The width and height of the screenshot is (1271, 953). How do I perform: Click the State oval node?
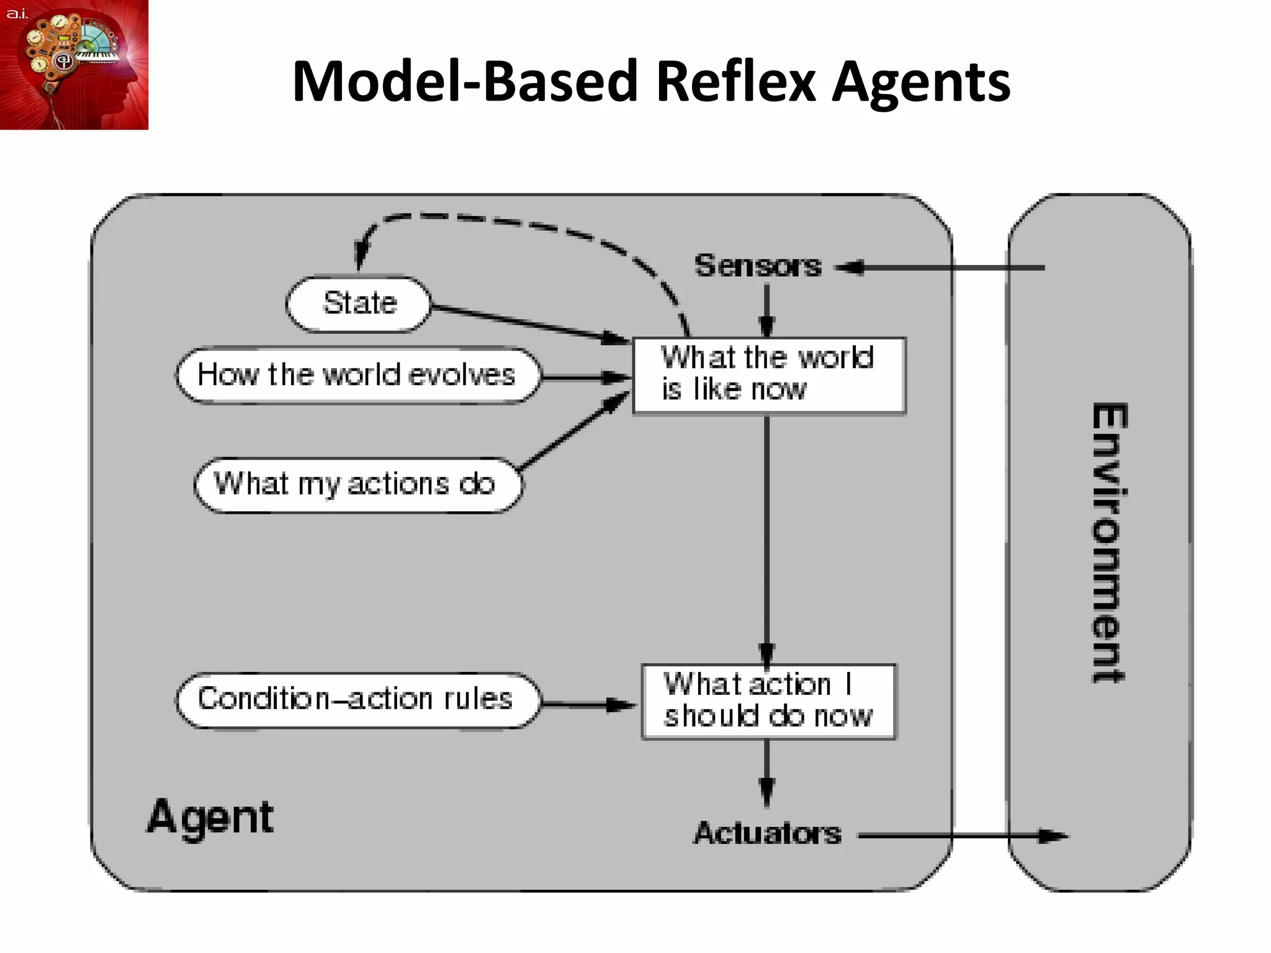click(359, 304)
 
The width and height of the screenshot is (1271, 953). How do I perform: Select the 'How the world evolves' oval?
click(357, 375)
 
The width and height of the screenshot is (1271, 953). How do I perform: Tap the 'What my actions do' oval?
click(357, 485)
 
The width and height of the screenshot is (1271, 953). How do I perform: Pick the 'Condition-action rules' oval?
click(357, 700)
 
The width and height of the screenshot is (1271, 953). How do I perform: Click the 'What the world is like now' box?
click(768, 375)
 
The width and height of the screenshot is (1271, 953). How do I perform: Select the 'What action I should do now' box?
click(768, 701)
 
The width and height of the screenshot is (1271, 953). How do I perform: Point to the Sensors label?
click(758, 266)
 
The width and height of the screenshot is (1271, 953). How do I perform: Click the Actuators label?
click(767, 833)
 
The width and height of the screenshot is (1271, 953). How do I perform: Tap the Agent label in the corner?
click(210, 817)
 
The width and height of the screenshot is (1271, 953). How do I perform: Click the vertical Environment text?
click(1109, 543)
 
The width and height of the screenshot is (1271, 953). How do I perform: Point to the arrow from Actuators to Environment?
click(962, 836)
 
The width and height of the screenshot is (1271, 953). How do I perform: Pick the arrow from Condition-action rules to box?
click(586, 705)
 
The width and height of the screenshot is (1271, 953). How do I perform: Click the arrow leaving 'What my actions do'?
click(574, 432)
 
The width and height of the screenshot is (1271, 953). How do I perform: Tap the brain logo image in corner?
click(74, 65)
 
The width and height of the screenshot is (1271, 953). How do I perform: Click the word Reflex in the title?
click(735, 81)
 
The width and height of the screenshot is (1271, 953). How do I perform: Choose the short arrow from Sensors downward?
click(766, 309)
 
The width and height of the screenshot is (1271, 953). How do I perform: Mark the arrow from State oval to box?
click(528, 323)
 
